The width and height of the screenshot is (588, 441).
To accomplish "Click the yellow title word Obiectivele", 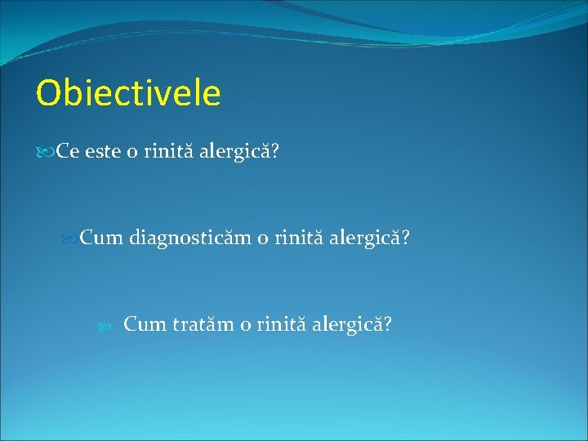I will click(128, 93).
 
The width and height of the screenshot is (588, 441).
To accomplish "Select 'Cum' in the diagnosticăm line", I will click(102, 238).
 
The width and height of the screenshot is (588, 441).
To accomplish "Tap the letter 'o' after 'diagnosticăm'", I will click(262, 239).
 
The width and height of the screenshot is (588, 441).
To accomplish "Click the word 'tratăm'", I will click(203, 324).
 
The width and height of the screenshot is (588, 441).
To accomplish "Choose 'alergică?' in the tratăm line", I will click(352, 325).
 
